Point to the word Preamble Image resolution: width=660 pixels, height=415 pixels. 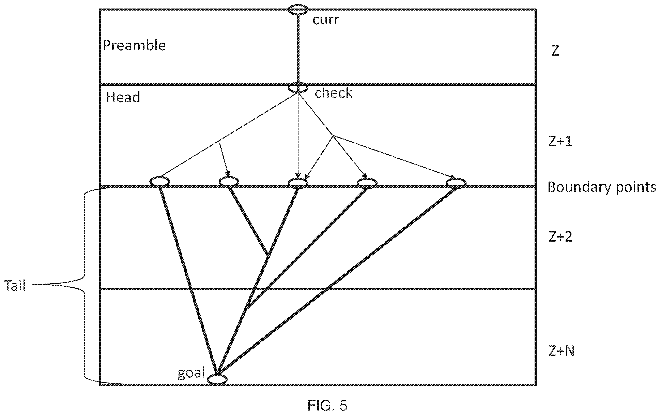point(134,45)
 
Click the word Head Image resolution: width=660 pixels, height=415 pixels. point(123,97)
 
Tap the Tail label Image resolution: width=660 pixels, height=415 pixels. point(15,286)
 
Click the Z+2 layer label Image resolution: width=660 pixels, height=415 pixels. point(560,237)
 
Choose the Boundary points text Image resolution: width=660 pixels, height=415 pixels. point(602,188)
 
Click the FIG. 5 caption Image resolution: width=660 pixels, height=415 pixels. point(327,405)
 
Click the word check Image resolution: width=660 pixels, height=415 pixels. point(333,93)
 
